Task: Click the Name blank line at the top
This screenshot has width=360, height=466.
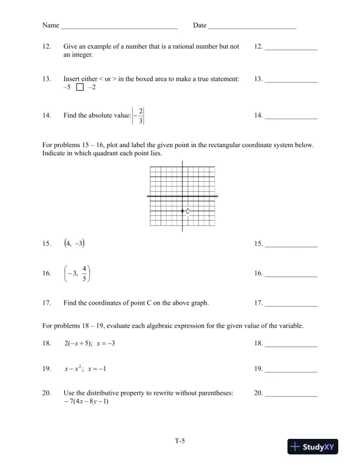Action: [119, 27]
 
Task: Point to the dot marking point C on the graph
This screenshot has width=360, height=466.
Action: [182, 211]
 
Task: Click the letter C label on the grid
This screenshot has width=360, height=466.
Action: [187, 211]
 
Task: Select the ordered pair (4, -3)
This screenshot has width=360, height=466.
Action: [77, 244]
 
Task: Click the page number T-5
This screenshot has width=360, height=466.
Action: [180, 439]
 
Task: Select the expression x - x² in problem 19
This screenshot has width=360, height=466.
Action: [74, 369]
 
